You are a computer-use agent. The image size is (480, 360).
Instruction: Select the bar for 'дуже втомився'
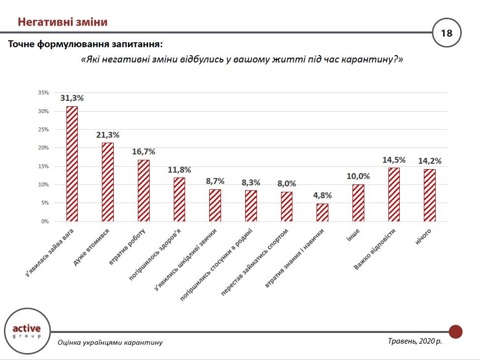click(108, 182)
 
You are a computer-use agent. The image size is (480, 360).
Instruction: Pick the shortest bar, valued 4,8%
click(322, 212)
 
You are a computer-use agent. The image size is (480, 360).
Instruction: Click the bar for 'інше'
click(358, 203)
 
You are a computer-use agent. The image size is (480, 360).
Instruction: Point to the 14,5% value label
click(394, 160)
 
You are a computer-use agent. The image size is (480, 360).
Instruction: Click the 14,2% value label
click(430, 161)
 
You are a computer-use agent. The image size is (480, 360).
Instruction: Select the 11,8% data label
click(179, 170)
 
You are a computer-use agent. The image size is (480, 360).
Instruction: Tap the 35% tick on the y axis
click(43, 93)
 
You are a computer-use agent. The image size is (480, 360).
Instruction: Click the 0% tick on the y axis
click(45, 221)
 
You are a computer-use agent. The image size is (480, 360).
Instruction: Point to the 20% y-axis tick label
click(43, 148)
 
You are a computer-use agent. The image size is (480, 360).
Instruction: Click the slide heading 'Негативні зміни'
click(63, 22)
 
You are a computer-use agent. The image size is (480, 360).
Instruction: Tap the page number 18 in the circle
click(447, 33)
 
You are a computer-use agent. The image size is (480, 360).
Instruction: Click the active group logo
click(26, 330)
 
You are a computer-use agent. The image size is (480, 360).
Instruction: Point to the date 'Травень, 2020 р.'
click(415, 341)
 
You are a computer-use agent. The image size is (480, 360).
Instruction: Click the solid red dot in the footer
click(455, 331)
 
